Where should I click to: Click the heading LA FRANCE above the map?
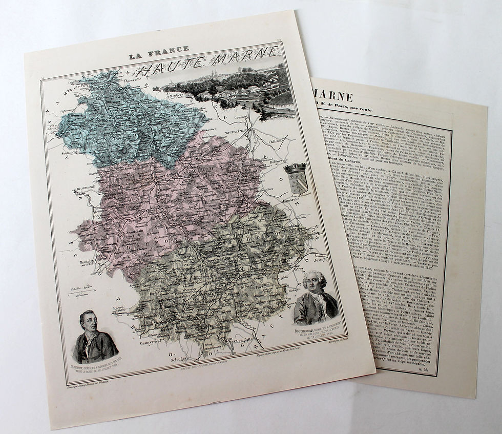158,53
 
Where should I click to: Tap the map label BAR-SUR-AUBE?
86,189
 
